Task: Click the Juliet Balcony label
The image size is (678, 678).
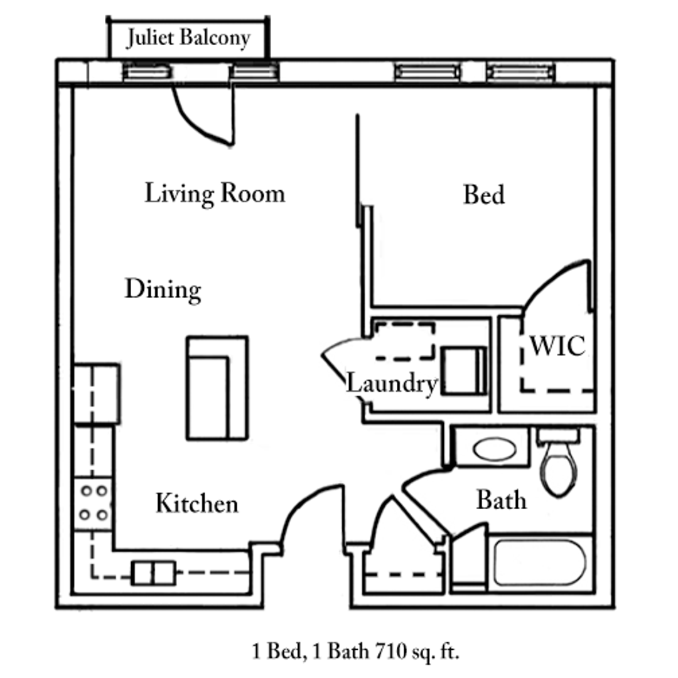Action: point(188,38)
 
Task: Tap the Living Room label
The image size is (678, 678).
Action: point(215,193)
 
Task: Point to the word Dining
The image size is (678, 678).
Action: point(163,290)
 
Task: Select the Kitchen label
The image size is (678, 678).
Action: point(196,503)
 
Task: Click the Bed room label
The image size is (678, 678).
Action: point(483,195)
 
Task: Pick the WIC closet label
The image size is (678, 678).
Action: point(557,346)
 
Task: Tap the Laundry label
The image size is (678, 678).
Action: point(391,383)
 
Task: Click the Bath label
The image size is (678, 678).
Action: point(501,500)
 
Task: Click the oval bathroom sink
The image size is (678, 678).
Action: point(495,449)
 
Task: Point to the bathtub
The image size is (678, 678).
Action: point(539,563)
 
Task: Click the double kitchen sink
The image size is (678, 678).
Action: point(153,573)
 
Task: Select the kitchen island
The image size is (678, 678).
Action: point(217,388)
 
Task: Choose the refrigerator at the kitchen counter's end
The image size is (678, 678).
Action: point(96,394)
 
